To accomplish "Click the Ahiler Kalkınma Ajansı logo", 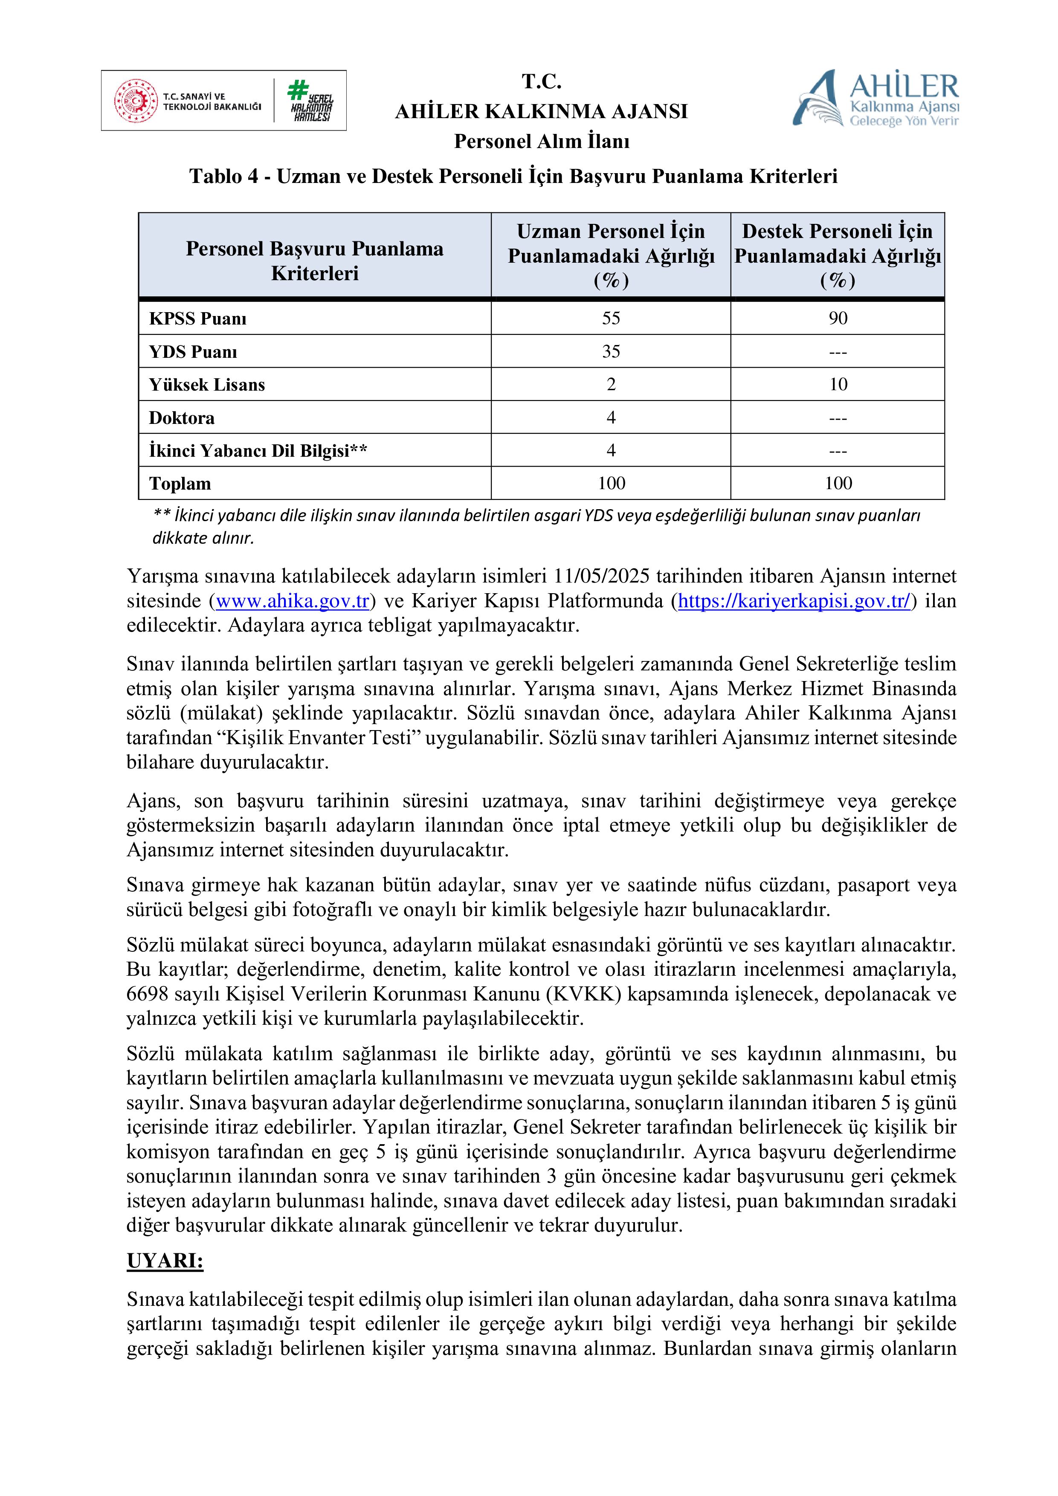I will click(x=875, y=99).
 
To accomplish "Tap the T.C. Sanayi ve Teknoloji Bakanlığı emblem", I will click(x=136, y=101).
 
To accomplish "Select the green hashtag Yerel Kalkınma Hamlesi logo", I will click(x=311, y=101).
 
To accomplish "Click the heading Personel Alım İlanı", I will click(x=542, y=142).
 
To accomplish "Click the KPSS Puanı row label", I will click(x=197, y=319).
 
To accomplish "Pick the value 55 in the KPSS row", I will click(x=610, y=318).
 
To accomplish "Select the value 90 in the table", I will click(x=838, y=318).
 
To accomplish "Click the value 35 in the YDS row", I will click(x=610, y=351).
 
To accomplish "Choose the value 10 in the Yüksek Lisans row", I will click(x=838, y=384).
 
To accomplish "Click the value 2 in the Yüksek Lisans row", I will click(x=610, y=384).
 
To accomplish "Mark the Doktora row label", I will click(x=181, y=417).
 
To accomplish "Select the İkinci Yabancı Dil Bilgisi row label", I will click(x=258, y=451).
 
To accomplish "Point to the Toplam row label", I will click(x=180, y=484).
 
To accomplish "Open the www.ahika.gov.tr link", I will click(x=293, y=601).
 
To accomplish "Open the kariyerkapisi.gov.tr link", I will click(x=794, y=601).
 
